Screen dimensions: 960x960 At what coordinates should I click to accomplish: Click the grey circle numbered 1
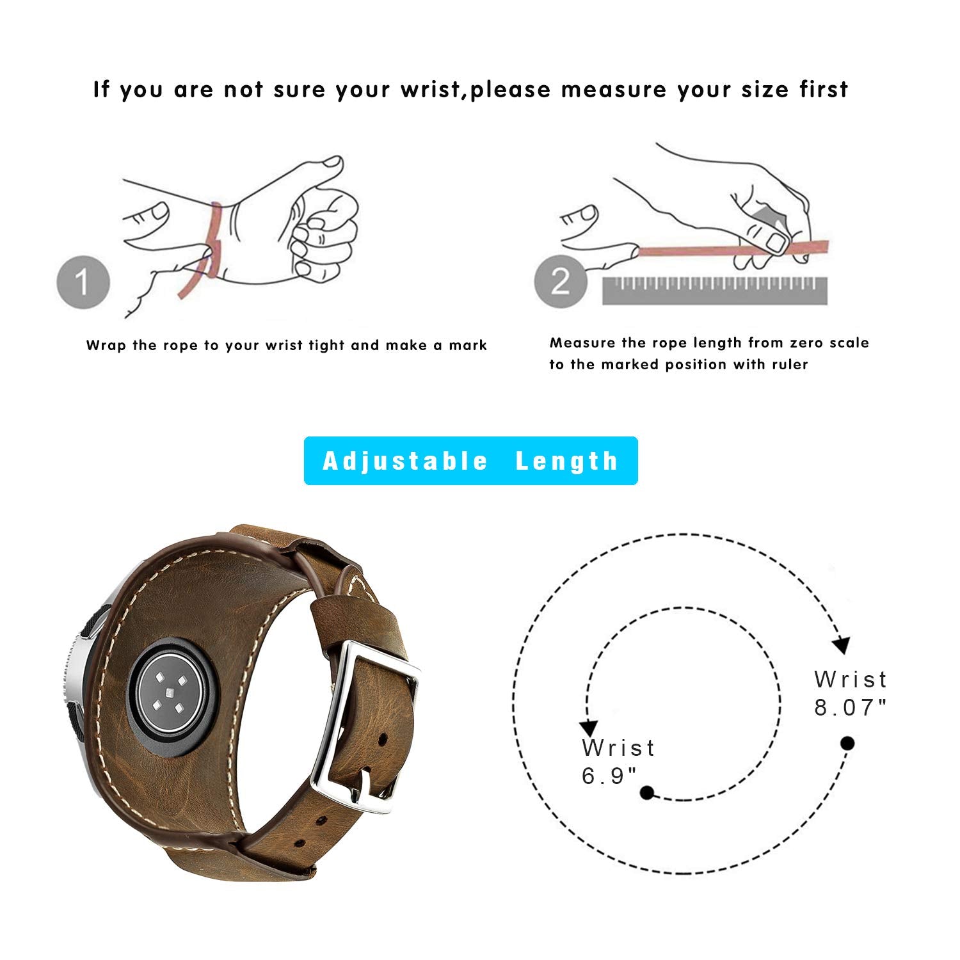coord(83,282)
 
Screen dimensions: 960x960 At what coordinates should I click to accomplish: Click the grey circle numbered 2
coord(561,282)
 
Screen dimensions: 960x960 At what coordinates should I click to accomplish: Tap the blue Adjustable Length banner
coord(470,461)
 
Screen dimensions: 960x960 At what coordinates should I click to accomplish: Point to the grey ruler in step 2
coord(715,291)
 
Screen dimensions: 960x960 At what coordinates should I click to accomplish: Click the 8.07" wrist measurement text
coord(851,694)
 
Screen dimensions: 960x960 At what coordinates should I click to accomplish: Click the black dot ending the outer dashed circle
coord(847,743)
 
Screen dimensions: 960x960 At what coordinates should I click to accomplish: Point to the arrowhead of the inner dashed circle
coord(588,728)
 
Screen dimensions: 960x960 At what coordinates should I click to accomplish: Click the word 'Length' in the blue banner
coord(567,461)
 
